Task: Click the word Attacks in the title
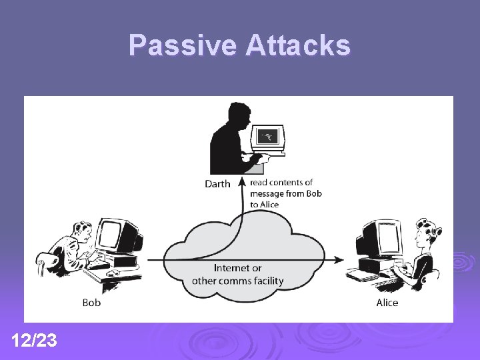pos(297,45)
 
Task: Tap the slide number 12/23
pos(34,341)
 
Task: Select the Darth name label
pos(217,184)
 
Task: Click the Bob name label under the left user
pos(91,303)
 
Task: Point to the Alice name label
pos(387,303)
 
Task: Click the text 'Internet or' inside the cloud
pos(238,268)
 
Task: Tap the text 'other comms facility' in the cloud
pos(237,281)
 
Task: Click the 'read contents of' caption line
pos(281,182)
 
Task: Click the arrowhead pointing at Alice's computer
pos(340,260)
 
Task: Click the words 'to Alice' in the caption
pos(264,205)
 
